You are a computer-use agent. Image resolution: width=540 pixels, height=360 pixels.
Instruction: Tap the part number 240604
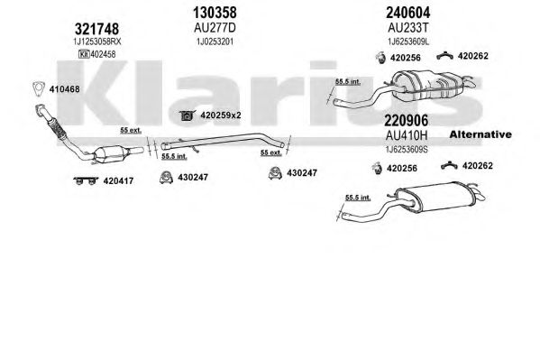pos(397,14)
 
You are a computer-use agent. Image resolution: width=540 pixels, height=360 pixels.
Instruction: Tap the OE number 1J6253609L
pos(397,42)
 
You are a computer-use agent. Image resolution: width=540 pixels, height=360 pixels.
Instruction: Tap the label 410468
pos(65,88)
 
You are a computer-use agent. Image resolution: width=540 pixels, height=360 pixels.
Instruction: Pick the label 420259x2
pos(223,115)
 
